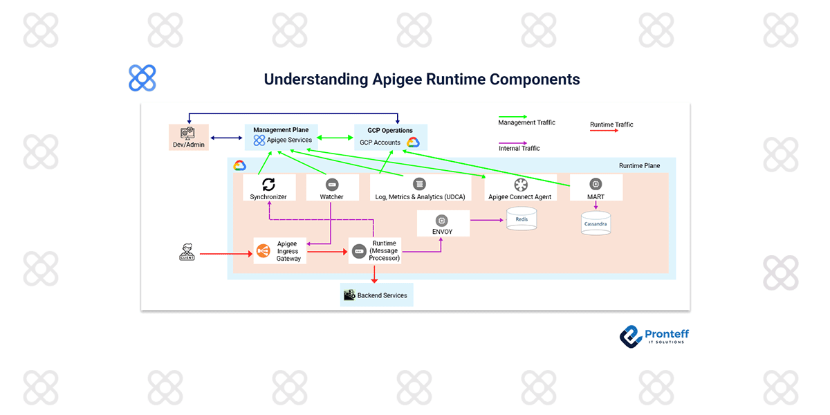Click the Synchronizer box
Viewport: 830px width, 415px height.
[x=269, y=187]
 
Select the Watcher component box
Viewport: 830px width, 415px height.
[x=332, y=187]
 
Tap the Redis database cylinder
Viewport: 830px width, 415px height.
[x=522, y=219]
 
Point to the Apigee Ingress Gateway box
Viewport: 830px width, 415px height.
[x=280, y=251]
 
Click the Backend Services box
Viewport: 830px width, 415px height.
[x=376, y=295]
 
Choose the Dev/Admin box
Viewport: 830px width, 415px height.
[x=189, y=137]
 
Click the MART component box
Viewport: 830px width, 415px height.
[x=596, y=187]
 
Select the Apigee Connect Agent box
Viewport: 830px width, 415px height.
[x=520, y=187]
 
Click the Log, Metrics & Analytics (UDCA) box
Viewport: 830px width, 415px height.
[x=420, y=187]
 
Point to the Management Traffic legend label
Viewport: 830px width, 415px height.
[x=526, y=123]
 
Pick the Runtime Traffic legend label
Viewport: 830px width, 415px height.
[x=611, y=124]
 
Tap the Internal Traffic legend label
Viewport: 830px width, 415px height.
[x=519, y=148]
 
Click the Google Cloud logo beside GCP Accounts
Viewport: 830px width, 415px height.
[x=413, y=142]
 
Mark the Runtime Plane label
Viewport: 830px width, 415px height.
[x=639, y=166]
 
